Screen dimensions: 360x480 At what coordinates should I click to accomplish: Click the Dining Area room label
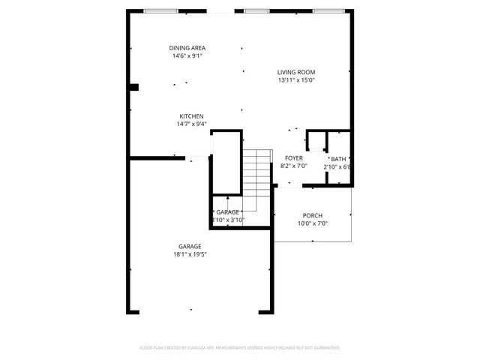click(x=187, y=47)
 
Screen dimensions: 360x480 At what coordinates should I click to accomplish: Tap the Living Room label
click(x=295, y=72)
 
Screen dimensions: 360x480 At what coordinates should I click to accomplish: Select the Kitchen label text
click(x=190, y=116)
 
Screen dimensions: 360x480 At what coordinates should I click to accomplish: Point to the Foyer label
click(x=292, y=158)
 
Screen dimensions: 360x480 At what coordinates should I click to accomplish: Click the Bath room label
click(x=339, y=158)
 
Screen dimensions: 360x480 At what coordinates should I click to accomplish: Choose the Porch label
click(x=313, y=215)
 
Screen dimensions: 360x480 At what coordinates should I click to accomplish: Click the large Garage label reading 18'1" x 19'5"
click(x=190, y=247)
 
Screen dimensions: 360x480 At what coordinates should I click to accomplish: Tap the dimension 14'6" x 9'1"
click(x=187, y=55)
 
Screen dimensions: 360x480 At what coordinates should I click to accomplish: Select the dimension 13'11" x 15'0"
click(x=295, y=80)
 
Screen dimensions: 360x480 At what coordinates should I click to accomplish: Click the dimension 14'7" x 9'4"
click(x=190, y=124)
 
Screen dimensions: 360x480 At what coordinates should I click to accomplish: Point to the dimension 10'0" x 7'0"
click(x=313, y=223)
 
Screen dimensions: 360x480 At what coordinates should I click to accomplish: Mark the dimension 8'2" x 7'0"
click(x=292, y=166)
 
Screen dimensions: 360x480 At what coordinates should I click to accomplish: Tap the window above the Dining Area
click(x=160, y=11)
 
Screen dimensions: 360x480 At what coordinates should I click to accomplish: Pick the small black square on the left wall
click(x=134, y=87)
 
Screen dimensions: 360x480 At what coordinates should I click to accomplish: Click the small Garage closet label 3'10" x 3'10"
click(x=228, y=212)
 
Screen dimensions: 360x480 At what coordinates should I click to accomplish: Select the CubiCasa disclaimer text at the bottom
click(x=240, y=348)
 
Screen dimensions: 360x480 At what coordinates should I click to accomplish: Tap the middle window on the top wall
click(x=256, y=11)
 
